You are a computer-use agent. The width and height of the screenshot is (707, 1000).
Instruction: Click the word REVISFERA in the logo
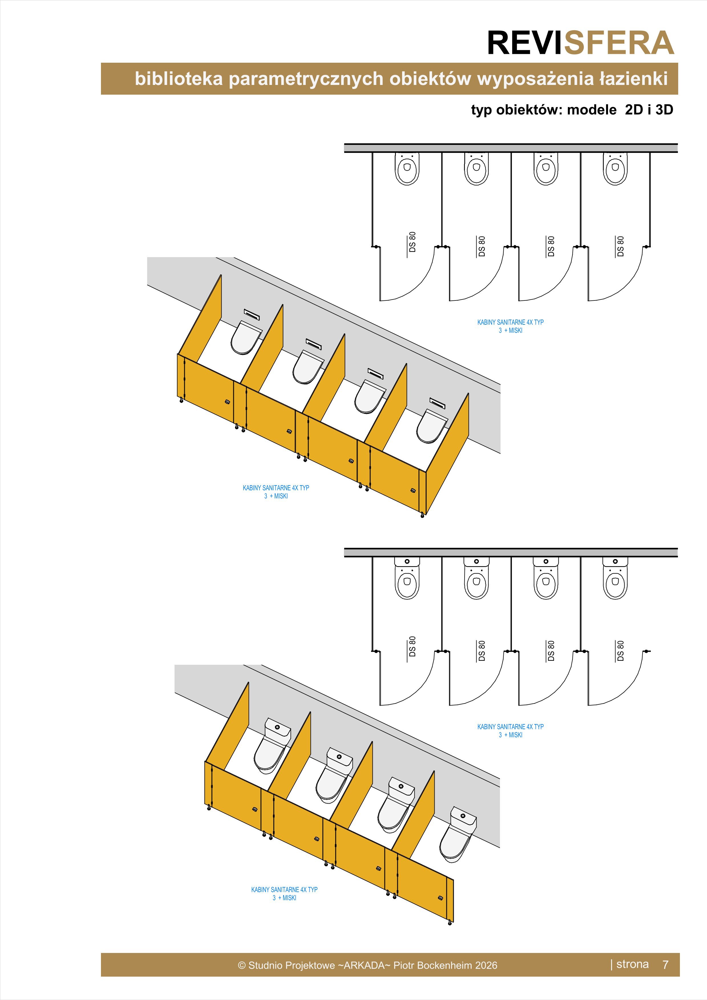(x=581, y=43)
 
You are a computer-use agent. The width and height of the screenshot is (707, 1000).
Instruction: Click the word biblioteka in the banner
(x=179, y=79)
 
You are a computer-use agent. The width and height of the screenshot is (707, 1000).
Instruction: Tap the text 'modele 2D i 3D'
(x=620, y=110)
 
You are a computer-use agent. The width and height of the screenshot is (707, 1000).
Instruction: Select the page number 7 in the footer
(x=665, y=965)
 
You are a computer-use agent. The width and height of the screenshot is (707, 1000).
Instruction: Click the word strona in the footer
(x=633, y=964)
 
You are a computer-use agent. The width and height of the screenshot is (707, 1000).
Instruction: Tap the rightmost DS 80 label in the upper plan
(x=620, y=246)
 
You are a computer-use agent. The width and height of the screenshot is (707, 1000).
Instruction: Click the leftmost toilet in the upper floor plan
(x=407, y=168)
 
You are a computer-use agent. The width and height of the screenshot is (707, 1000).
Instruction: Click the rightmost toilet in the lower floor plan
(x=615, y=578)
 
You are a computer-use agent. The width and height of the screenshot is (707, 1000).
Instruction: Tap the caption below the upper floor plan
(x=511, y=326)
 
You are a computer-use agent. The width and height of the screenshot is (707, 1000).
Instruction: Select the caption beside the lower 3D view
(x=284, y=894)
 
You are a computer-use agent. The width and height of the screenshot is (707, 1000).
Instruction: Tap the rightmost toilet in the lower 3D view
(x=458, y=834)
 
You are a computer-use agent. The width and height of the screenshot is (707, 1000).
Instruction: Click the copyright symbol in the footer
(x=242, y=965)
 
